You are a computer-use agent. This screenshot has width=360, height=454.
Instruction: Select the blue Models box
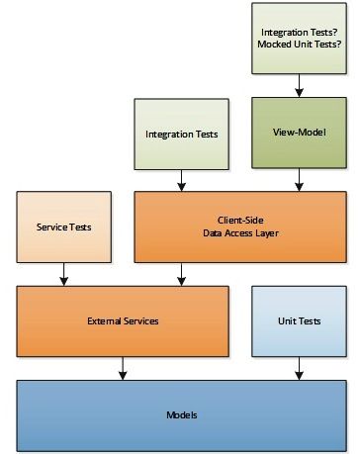coord(181,414)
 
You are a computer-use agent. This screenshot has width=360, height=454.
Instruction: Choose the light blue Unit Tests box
coord(299,321)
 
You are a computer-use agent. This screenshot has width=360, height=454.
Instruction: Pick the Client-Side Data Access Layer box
coord(240,227)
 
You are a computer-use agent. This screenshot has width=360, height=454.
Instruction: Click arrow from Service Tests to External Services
coord(63,273)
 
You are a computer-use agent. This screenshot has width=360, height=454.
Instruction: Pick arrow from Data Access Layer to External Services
coord(181,273)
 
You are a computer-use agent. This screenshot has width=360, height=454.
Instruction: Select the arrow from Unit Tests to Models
coord(299,367)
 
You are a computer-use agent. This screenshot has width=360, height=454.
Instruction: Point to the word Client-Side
coord(240,219)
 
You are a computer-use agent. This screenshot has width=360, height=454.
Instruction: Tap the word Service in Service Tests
coord(51,227)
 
